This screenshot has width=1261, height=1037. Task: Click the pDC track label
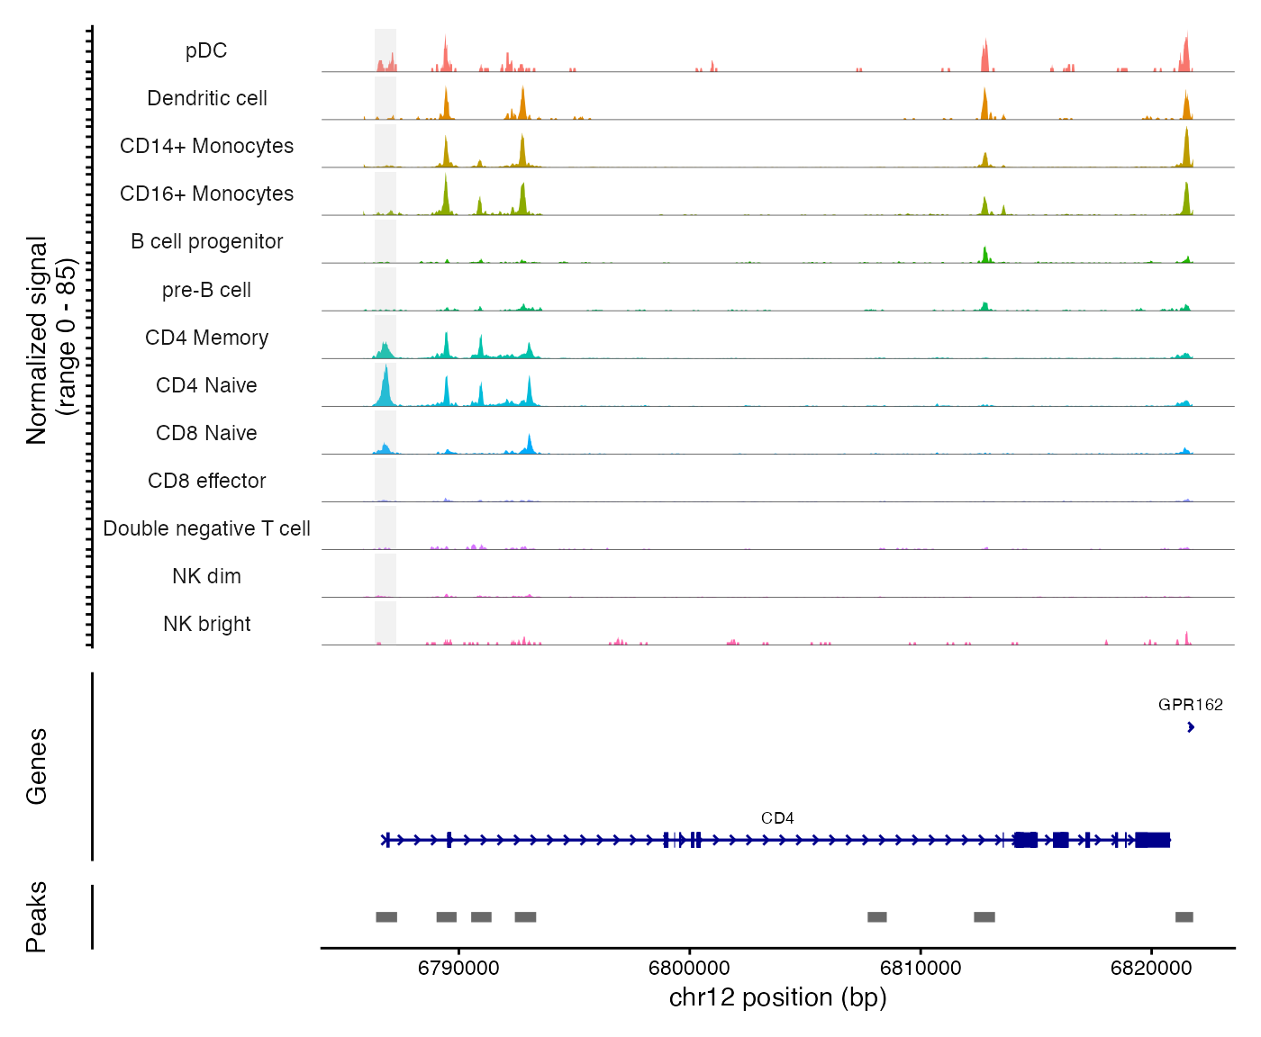[206, 51]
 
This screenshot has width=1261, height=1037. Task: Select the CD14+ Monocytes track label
[206, 147]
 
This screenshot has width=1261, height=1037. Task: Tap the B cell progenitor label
[206, 242]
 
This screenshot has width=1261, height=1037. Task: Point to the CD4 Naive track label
[206, 386]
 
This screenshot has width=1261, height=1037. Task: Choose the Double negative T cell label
[206, 529]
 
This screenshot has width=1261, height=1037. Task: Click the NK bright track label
[206, 625]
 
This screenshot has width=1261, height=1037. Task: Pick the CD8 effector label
[206, 482]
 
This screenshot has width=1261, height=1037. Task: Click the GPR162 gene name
[1190, 705]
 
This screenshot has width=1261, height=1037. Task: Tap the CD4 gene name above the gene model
[777, 818]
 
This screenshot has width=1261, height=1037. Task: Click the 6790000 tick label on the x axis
[458, 969]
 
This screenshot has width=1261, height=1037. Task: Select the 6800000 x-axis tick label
[690, 969]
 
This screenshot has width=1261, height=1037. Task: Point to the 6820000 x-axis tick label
[1151, 969]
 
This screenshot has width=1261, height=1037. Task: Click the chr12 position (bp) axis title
[777, 997]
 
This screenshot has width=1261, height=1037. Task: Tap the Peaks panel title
[37, 916]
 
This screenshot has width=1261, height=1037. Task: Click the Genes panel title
[37, 766]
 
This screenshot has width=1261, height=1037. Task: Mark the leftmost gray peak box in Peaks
[386, 916]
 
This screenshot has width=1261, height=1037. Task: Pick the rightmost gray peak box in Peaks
[1184, 916]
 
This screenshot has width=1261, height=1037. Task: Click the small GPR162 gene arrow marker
[1191, 727]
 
